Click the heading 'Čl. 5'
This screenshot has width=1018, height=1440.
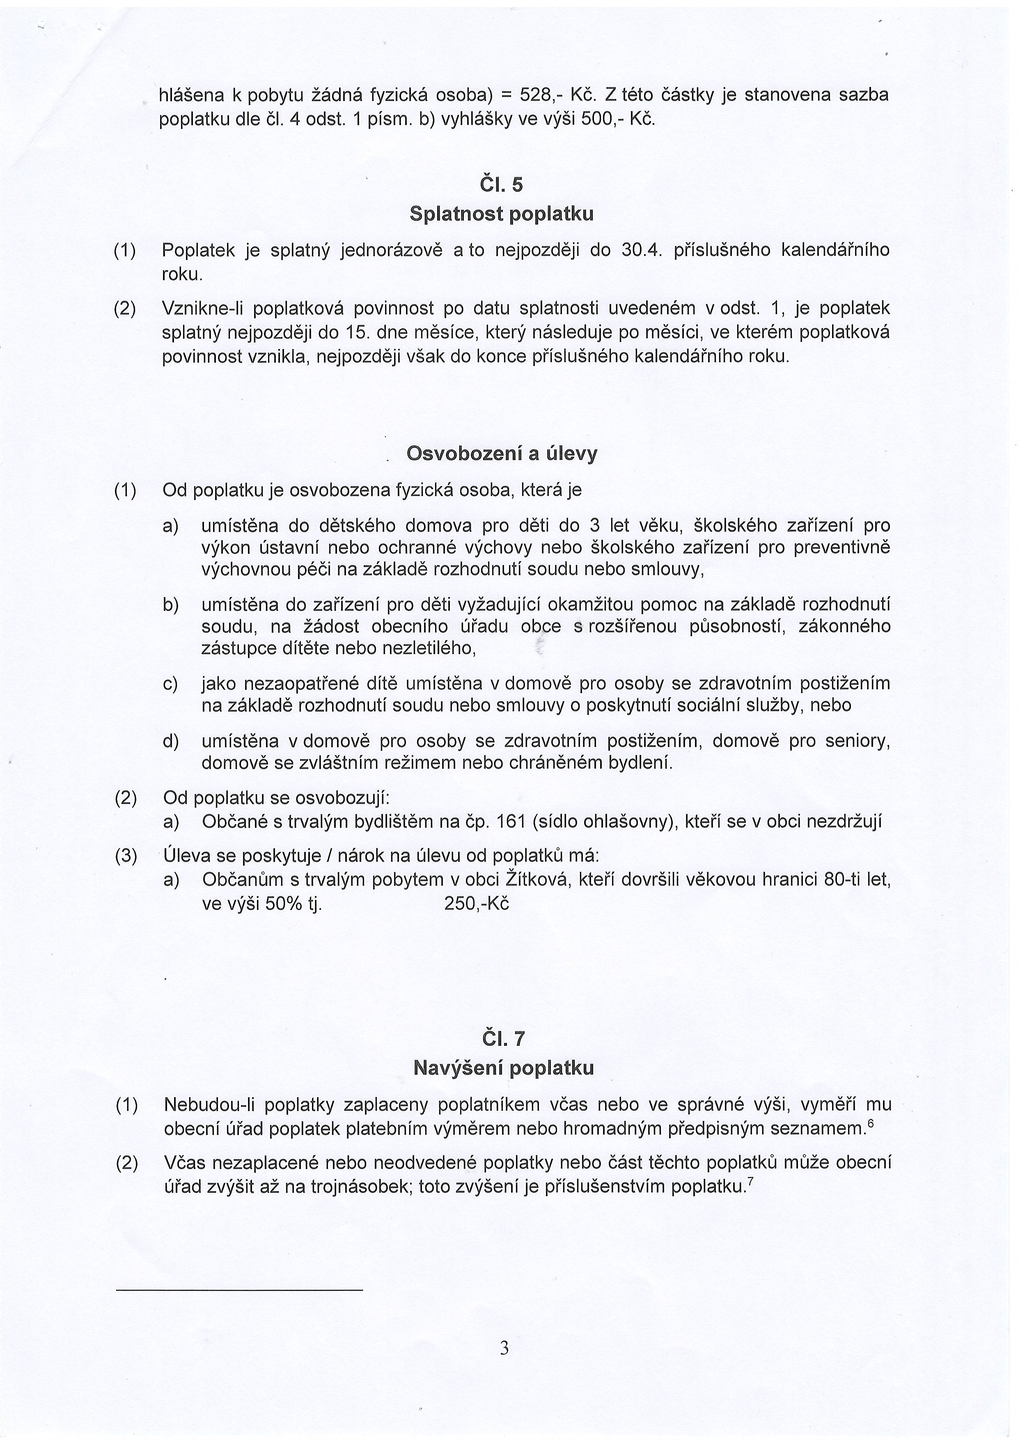pyautogui.click(x=500, y=185)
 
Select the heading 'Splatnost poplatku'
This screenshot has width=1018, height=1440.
pyautogui.click(x=501, y=214)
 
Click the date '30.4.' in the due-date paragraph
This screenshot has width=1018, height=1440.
pyautogui.click(x=637, y=251)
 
